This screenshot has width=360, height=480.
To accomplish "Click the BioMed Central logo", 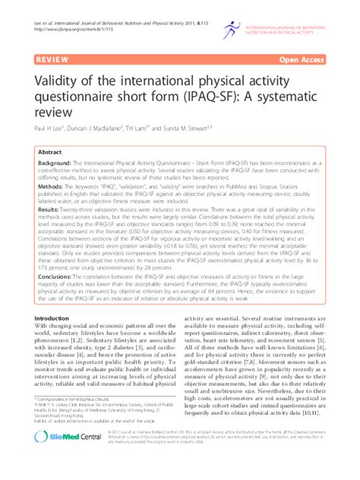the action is (x=69, y=456).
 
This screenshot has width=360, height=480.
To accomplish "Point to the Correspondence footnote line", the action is (x=77, y=399).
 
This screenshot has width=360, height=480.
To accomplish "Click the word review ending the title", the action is (x=53, y=113).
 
